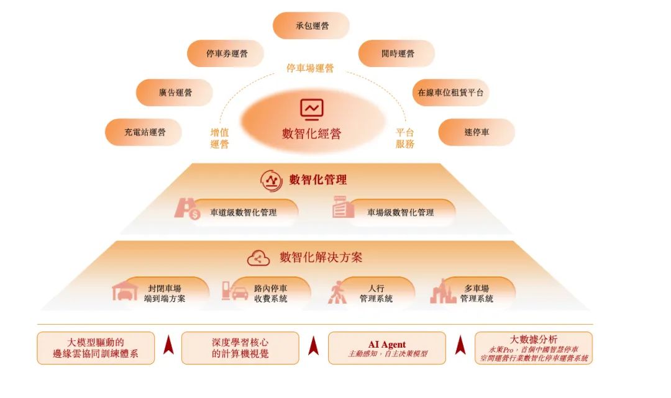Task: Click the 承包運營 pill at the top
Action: (311, 25)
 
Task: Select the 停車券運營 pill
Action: (226, 53)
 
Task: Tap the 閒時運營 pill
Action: (396, 53)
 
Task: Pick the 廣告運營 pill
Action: (175, 93)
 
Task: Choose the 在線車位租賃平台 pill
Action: (450, 93)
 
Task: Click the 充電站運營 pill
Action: (144, 132)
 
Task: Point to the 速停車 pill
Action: (477, 132)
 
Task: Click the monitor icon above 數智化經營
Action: (311, 109)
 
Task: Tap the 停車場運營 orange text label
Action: (310, 68)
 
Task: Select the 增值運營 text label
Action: (219, 138)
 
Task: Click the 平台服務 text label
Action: (405, 138)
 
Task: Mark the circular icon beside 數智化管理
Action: (272, 181)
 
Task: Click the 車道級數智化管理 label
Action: (244, 212)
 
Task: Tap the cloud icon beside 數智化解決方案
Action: (258, 258)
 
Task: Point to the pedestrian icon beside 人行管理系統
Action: (337, 292)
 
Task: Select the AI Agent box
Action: (387, 348)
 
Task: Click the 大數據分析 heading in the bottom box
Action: (534, 340)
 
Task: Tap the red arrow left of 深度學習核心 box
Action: (168, 345)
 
